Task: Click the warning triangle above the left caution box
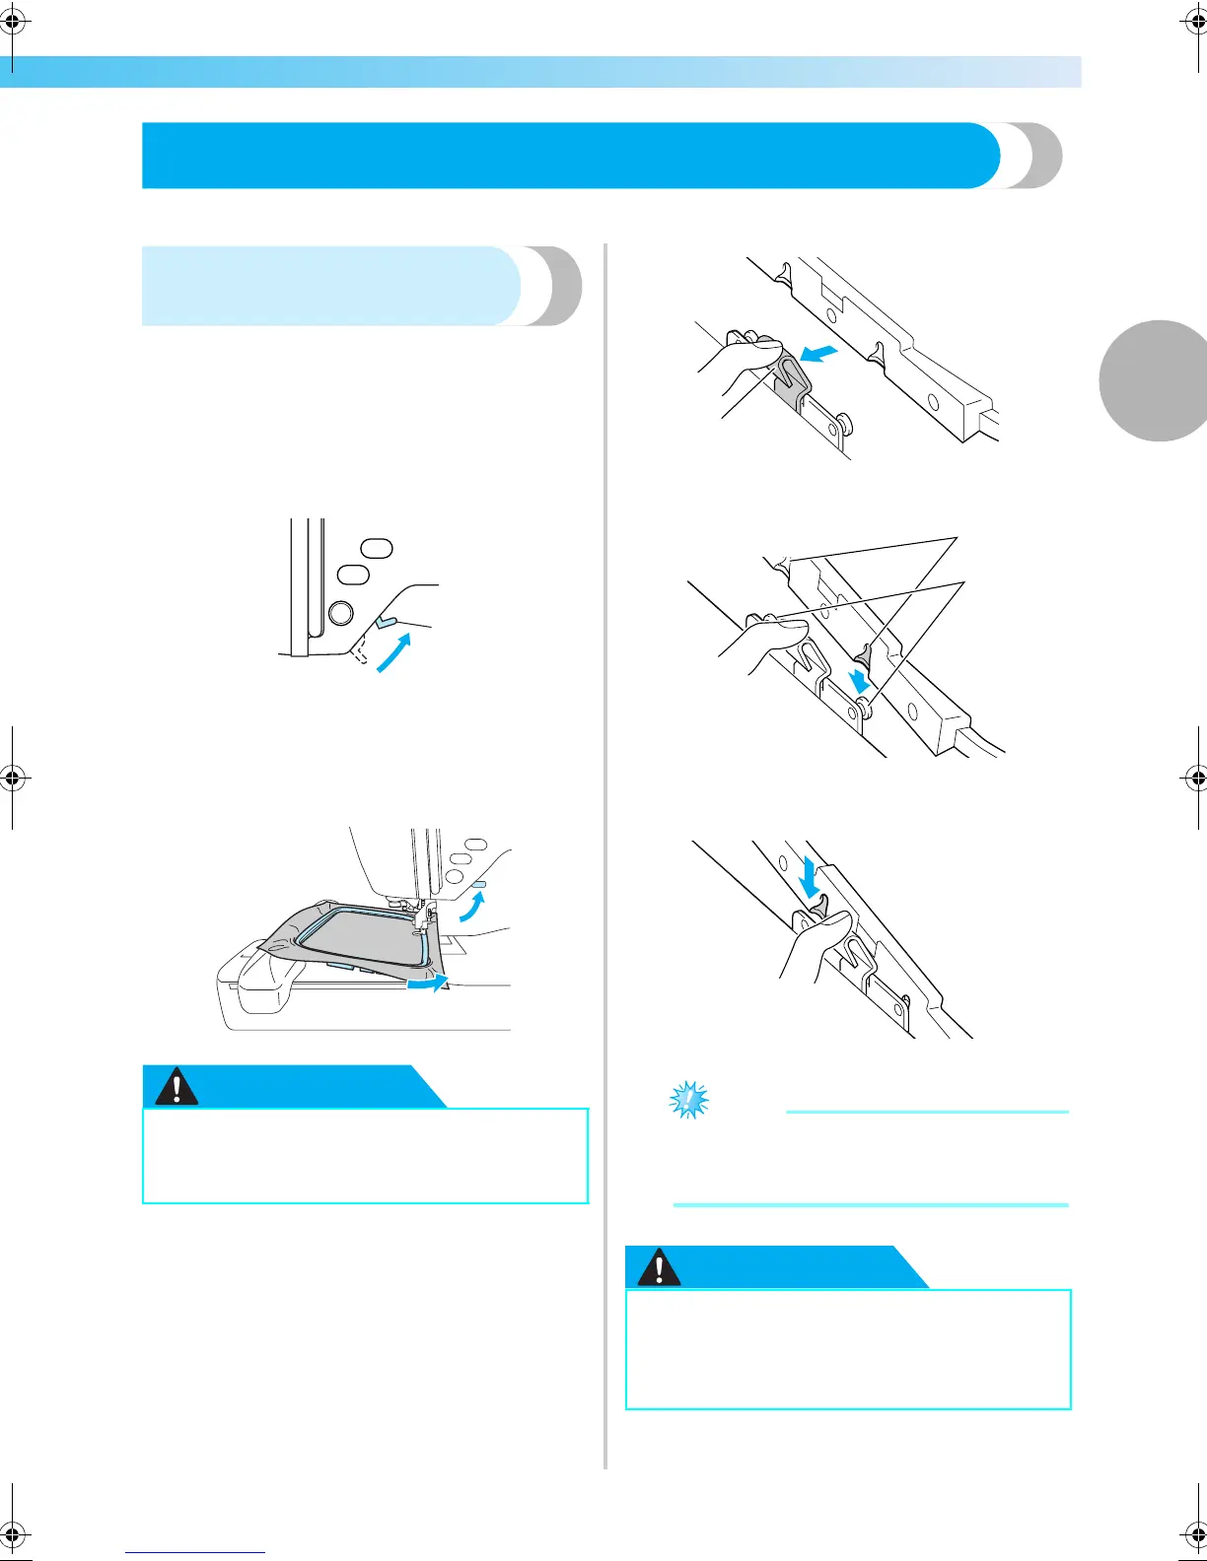[x=177, y=1087]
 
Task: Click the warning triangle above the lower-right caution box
[x=659, y=1268]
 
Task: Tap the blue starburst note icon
[x=688, y=1100]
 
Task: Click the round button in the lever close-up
[x=340, y=613]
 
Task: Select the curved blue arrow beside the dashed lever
[x=393, y=653]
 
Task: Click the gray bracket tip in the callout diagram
[x=865, y=652]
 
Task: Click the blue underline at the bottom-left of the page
[x=195, y=1552]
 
